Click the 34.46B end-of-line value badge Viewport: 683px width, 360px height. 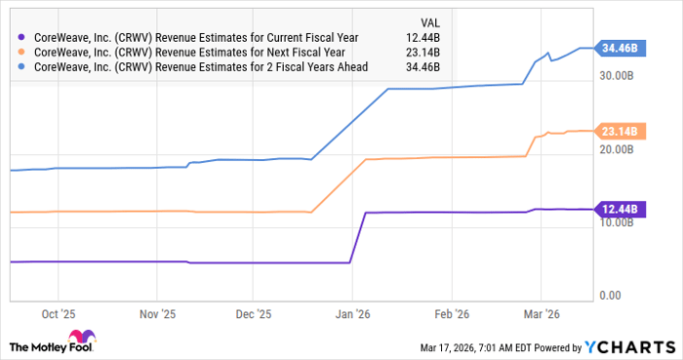coord(619,48)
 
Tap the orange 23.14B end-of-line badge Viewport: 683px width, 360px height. coord(619,131)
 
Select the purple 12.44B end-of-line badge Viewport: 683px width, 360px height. coord(619,209)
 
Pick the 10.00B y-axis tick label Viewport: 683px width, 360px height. coord(620,222)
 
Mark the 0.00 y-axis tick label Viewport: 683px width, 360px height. coord(611,296)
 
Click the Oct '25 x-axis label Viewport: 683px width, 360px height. coord(58,315)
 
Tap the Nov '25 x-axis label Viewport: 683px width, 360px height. coord(156,315)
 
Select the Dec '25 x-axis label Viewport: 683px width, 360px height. coord(253,315)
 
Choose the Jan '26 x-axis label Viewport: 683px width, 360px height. coord(352,315)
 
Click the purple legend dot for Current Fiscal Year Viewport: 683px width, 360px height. coord(22,37)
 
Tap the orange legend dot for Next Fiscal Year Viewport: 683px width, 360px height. coord(22,52)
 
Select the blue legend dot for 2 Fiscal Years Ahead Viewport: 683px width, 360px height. coord(22,66)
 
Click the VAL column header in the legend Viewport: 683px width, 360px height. coord(427,20)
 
